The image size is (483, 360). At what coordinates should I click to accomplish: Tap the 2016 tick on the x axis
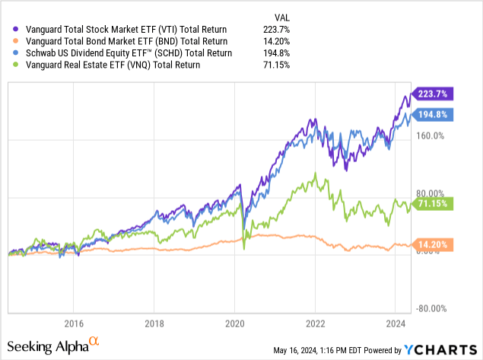(74, 322)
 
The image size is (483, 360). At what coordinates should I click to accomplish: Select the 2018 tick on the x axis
(154, 322)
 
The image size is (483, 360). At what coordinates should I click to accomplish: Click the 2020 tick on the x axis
(235, 322)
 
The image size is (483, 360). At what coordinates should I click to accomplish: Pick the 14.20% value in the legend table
(303, 41)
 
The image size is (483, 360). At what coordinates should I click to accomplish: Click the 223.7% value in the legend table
(303, 29)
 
